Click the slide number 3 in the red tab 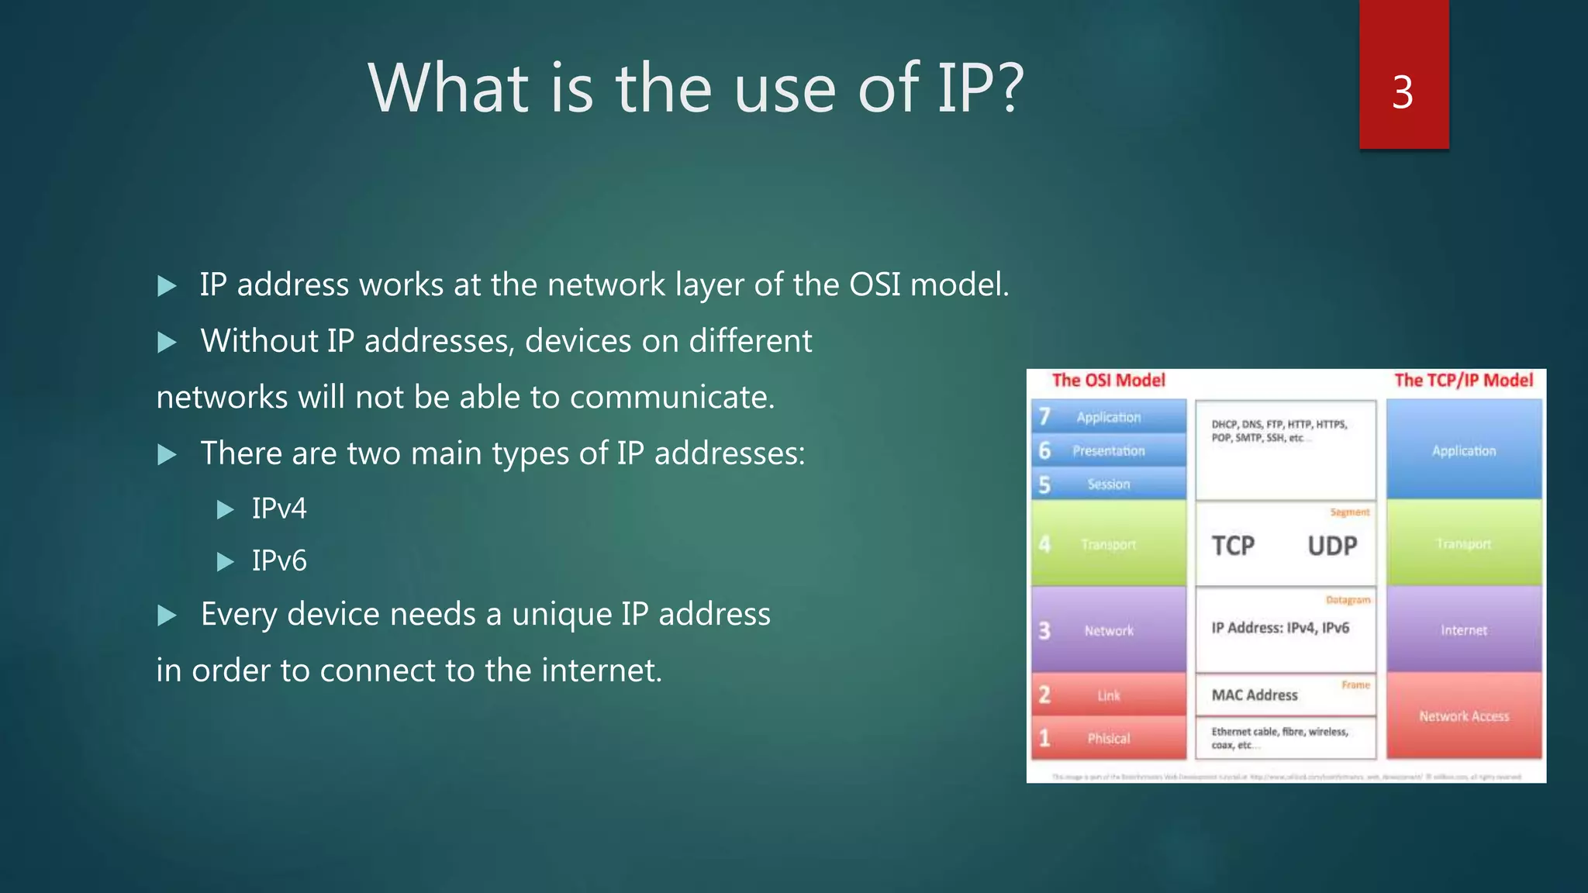[1402, 92]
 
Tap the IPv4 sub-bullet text [279, 509]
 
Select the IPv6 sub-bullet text [279, 560]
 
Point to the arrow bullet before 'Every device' [167, 615]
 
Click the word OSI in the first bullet [875, 284]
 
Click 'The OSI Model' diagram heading [1108, 380]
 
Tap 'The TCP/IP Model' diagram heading [1463, 380]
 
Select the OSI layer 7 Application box [1109, 417]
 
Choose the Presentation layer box [1109, 450]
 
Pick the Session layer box [1109, 484]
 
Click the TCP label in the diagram [1233, 546]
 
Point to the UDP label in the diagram [1332, 546]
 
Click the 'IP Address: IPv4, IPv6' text [1280, 628]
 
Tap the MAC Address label [1255, 695]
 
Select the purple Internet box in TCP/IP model [1464, 629]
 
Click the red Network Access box [1464, 716]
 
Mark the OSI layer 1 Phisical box [1109, 738]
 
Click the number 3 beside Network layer [1044, 630]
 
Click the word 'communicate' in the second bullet [671, 397]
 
